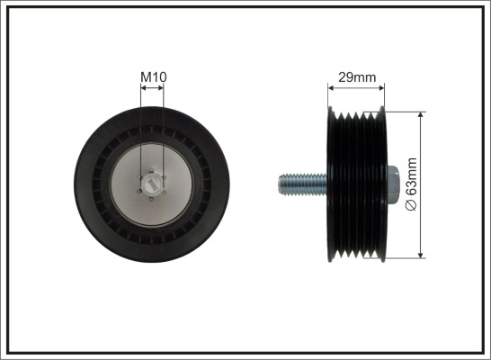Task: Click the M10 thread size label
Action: pyautogui.click(x=154, y=77)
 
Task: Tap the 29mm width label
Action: pyautogui.click(x=357, y=77)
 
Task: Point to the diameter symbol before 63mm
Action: pyautogui.click(x=412, y=205)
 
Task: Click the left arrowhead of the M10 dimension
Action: pyautogui.click(x=144, y=88)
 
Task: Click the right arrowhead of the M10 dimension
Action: pyautogui.click(x=160, y=88)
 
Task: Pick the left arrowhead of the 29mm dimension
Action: pyautogui.click(x=331, y=88)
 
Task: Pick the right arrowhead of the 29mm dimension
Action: pyautogui.click(x=381, y=88)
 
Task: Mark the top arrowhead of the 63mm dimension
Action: pyautogui.click(x=421, y=115)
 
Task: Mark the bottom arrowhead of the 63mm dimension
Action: pyautogui.click(x=421, y=255)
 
